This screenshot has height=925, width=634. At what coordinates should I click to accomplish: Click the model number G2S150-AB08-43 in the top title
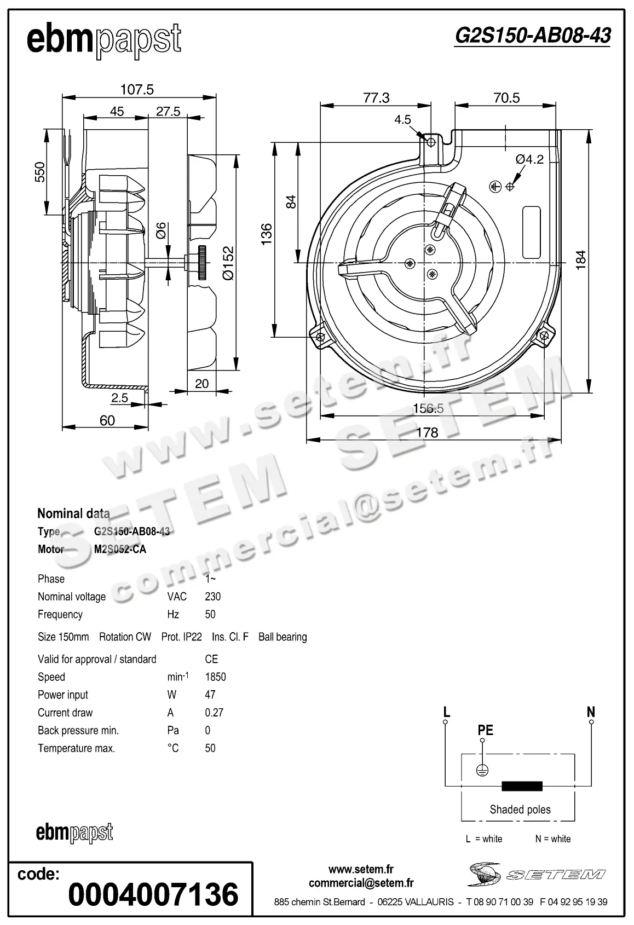(532, 36)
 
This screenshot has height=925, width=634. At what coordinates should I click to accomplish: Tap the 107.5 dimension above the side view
(137, 89)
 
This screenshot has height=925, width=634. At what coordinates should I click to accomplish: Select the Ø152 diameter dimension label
(228, 263)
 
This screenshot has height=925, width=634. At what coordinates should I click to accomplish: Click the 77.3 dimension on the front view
(376, 97)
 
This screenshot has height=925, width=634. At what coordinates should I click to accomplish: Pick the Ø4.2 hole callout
(529, 159)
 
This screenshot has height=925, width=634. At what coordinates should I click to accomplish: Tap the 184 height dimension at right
(581, 258)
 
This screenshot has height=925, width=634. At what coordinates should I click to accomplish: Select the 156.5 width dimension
(428, 408)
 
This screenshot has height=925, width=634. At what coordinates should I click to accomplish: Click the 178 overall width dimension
(427, 432)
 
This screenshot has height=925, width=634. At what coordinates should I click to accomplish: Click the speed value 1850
(215, 677)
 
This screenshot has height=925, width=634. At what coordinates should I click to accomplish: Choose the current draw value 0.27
(214, 713)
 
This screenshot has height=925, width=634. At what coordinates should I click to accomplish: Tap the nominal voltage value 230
(212, 597)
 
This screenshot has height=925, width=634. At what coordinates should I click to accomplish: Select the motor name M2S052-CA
(120, 549)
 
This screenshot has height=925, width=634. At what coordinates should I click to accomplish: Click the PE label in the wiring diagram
(485, 730)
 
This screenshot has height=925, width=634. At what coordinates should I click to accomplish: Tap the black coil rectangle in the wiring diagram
(522, 787)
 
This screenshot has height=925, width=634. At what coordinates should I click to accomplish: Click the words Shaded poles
(520, 810)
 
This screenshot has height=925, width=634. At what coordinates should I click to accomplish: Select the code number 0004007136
(153, 894)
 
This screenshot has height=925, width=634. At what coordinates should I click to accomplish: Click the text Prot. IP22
(181, 637)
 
